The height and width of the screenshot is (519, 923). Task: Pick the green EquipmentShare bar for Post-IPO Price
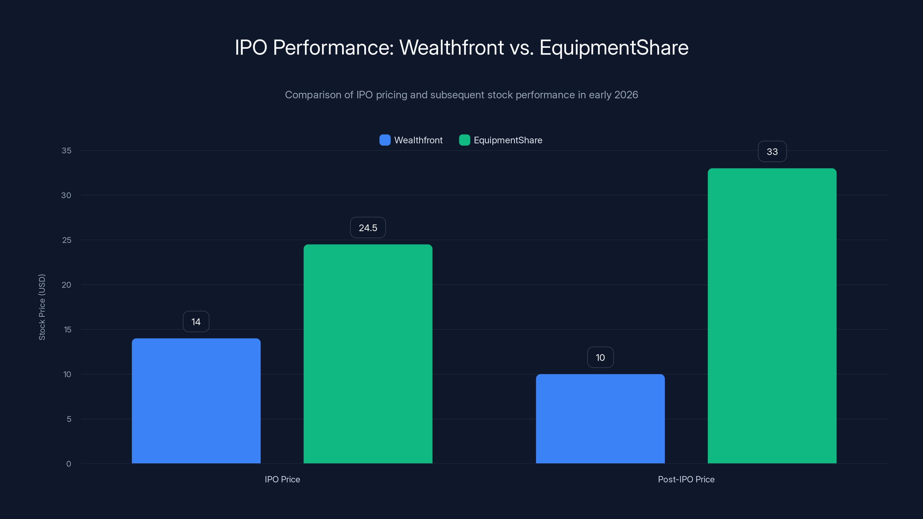coord(772,315)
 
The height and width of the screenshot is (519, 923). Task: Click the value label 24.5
coord(368,228)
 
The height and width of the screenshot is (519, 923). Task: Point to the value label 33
coord(772,151)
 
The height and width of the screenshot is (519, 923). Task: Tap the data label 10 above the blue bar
coord(600,358)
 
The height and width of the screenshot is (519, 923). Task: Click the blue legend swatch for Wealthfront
coord(385,140)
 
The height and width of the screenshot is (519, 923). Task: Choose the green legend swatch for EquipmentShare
coord(464,140)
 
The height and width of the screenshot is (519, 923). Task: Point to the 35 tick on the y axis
coord(66,151)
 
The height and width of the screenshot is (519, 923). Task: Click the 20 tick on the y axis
coord(66,285)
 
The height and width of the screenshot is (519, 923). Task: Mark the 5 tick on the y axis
coord(69,419)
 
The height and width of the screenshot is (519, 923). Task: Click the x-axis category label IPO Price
coord(282,479)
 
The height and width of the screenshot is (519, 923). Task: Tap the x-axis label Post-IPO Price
coord(686,479)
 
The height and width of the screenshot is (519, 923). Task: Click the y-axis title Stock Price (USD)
coord(42,307)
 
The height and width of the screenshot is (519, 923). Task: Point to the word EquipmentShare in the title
coord(614,47)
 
